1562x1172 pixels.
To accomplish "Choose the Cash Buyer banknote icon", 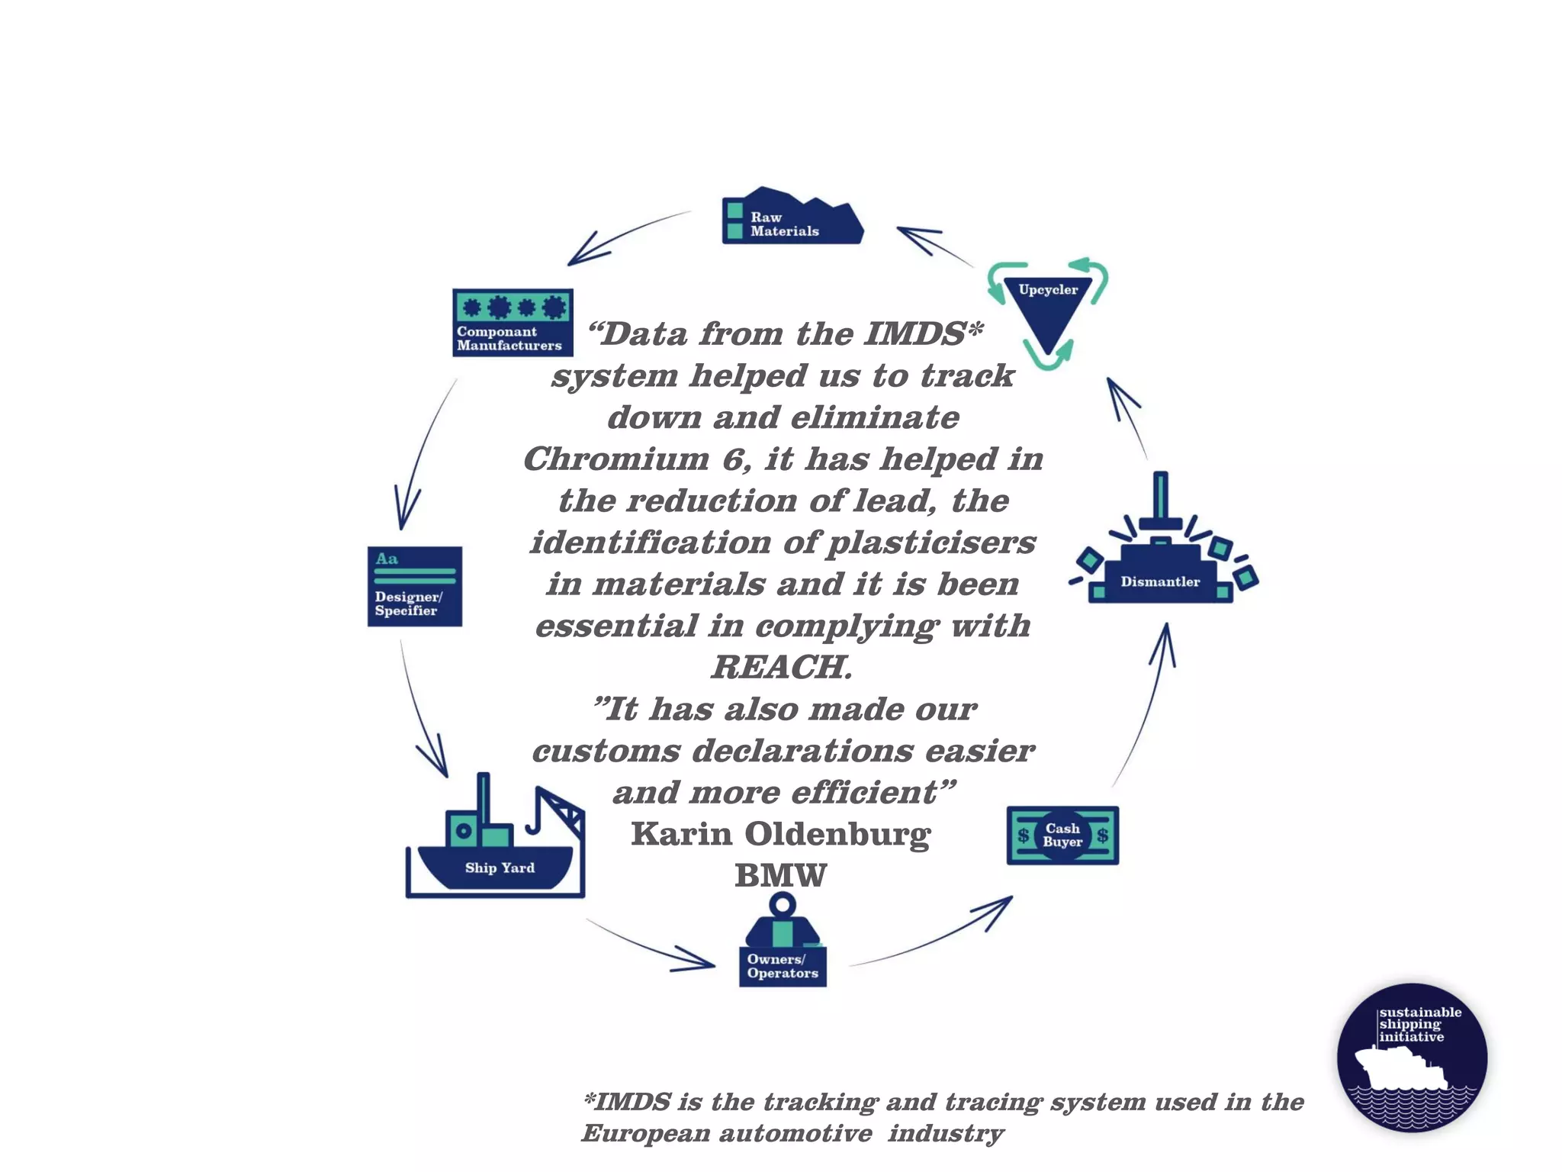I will pos(1062,836).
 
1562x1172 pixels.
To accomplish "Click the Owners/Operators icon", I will pos(783,945).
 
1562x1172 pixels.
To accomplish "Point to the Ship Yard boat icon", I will pos(496,847).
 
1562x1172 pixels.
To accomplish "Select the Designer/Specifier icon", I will pos(414,586).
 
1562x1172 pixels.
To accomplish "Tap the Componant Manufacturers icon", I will pos(513,322).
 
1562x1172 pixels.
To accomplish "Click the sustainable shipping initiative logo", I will pos(1412,1058).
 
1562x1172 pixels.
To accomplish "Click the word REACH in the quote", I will pos(781,667).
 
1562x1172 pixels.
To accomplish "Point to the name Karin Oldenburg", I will pos(781,834).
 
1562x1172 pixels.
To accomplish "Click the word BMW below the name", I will pos(780,875).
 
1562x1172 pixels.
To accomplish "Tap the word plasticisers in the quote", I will pos(932,543).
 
